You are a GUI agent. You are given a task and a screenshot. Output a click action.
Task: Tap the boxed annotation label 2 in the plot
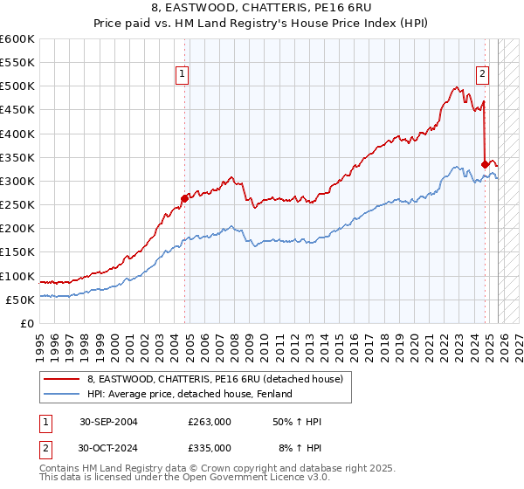[x=481, y=75]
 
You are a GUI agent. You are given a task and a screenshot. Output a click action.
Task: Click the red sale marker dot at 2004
[x=184, y=198]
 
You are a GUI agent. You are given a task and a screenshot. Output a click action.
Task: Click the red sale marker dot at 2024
[x=485, y=163]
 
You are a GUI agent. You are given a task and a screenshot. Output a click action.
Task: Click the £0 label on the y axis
[x=25, y=324]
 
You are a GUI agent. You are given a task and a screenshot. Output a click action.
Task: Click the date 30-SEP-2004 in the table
[x=108, y=422]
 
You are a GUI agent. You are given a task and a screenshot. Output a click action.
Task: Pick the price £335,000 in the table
[x=210, y=447]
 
